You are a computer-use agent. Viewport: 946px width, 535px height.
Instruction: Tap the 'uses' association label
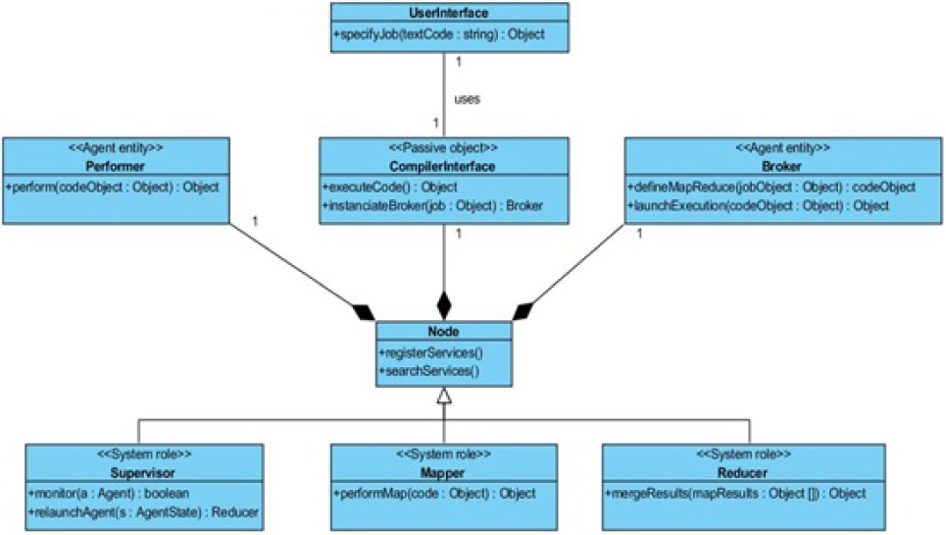(x=468, y=99)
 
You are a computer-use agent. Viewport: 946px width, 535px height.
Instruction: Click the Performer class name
(x=116, y=166)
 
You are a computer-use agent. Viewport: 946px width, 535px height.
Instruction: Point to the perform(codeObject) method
(x=112, y=187)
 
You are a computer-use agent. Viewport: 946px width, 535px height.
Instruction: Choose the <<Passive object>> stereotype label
(x=444, y=148)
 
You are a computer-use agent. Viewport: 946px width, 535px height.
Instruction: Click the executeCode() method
(x=389, y=187)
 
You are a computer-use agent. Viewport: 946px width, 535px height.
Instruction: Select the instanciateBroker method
(x=431, y=205)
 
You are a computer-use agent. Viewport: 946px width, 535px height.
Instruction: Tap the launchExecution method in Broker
(x=758, y=205)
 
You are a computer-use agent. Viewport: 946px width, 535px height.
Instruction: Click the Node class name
(x=444, y=332)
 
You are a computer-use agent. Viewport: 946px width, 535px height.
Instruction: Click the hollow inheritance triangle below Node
(x=444, y=396)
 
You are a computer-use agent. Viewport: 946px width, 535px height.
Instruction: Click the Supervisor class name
(x=143, y=472)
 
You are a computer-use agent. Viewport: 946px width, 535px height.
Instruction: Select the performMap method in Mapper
(x=433, y=493)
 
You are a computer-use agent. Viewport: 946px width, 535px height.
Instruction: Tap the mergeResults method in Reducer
(x=735, y=493)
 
